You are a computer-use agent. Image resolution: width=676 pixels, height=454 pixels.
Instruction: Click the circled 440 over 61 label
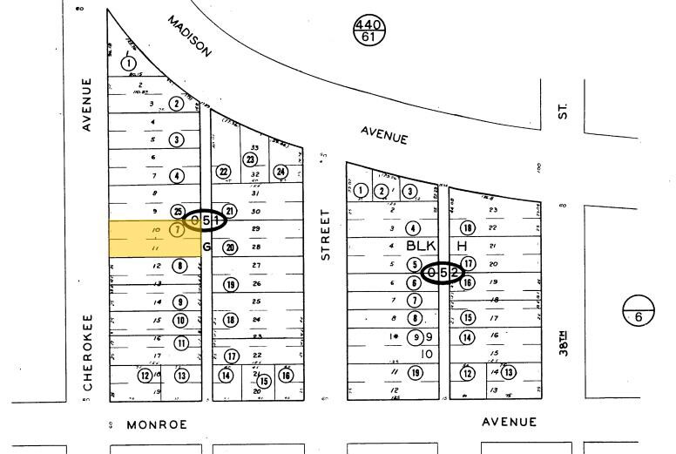tap(368, 30)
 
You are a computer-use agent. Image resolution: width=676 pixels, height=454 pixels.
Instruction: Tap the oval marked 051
tap(206, 220)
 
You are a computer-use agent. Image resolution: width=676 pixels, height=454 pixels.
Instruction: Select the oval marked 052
tap(443, 274)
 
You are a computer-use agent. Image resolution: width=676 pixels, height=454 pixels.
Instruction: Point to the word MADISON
tap(190, 37)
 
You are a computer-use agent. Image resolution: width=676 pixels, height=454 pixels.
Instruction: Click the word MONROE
tap(157, 424)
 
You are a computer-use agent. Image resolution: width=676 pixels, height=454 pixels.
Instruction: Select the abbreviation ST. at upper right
tap(564, 111)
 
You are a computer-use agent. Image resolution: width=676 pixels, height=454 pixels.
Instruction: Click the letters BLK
tap(420, 247)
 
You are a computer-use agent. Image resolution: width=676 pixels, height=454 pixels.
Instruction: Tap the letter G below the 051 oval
tap(207, 247)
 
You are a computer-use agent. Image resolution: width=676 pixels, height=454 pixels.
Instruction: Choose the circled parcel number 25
tap(178, 212)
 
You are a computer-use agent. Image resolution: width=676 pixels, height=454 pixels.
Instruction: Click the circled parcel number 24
tap(281, 172)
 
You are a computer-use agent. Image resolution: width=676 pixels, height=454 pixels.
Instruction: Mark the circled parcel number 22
tap(223, 172)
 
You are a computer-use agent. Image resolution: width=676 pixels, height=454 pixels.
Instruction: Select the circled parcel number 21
tap(230, 211)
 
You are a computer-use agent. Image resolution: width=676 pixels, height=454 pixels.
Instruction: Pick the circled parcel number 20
tap(230, 247)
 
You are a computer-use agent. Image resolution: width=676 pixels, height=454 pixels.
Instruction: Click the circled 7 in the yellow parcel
tap(177, 230)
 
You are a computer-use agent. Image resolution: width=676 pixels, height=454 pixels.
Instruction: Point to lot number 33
tap(255, 147)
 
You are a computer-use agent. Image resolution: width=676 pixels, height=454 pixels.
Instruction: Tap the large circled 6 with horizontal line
tap(639, 316)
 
